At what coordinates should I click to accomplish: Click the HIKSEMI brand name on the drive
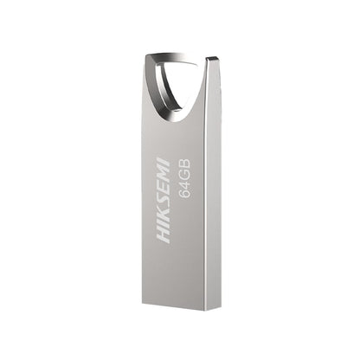[x=164, y=200]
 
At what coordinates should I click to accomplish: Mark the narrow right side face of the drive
[x=214, y=190]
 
